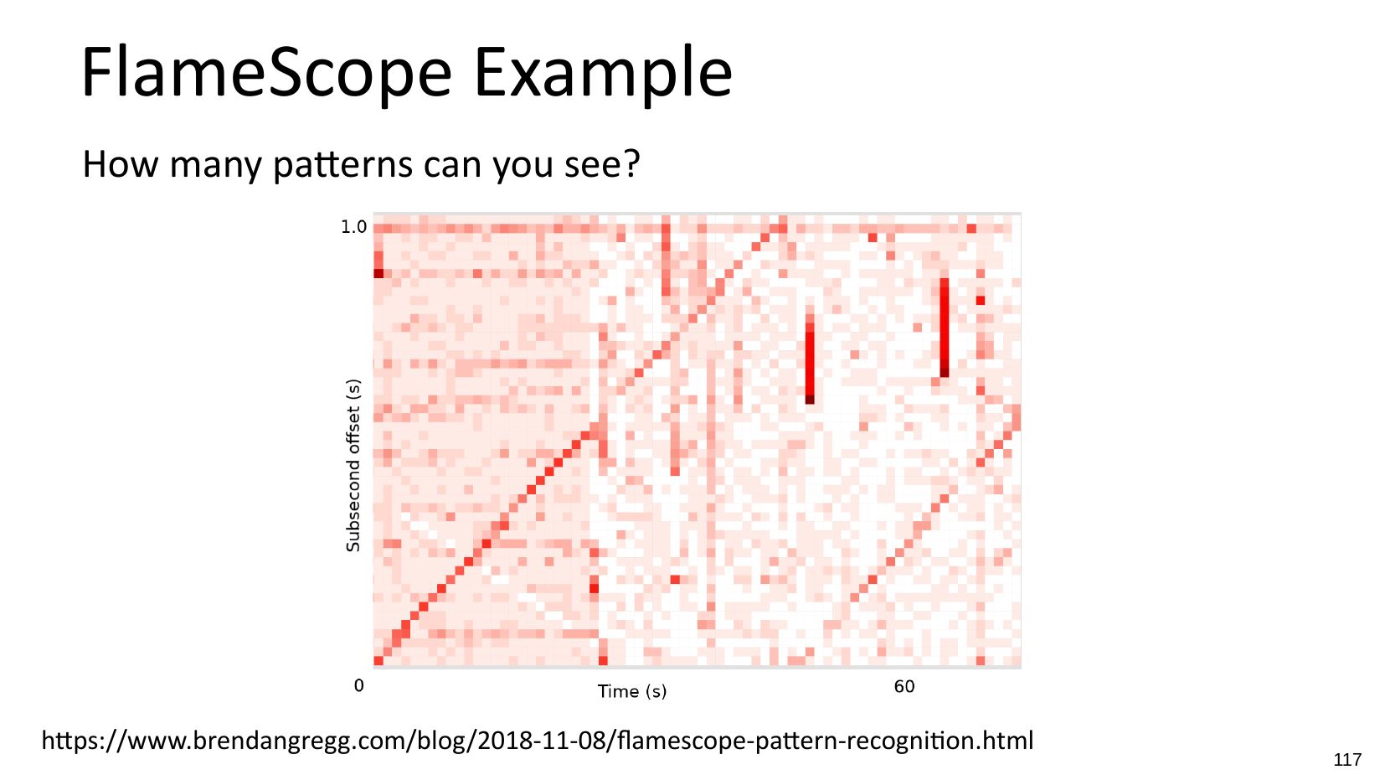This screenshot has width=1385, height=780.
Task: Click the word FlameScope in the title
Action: click(x=266, y=72)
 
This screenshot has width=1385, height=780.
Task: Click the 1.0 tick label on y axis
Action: click(x=353, y=227)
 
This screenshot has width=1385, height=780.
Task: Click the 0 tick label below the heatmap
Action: click(x=358, y=685)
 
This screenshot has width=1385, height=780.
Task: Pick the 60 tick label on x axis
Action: click(x=904, y=686)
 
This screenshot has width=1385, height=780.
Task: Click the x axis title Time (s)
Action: click(x=632, y=691)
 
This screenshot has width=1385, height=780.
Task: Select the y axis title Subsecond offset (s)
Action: click(x=353, y=465)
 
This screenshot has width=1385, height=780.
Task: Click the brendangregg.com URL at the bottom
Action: click(x=538, y=741)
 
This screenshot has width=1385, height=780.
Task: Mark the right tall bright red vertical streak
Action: click(x=945, y=328)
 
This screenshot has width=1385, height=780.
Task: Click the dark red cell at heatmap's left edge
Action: click(x=378, y=273)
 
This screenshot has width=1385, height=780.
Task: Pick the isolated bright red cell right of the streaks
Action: click(x=980, y=301)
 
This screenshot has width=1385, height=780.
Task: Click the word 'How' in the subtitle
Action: click(x=121, y=164)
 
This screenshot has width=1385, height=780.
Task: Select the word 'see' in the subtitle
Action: click(x=595, y=167)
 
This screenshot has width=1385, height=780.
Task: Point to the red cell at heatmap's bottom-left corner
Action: click(x=378, y=661)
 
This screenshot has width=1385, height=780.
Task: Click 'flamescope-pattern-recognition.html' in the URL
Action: click(x=825, y=741)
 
